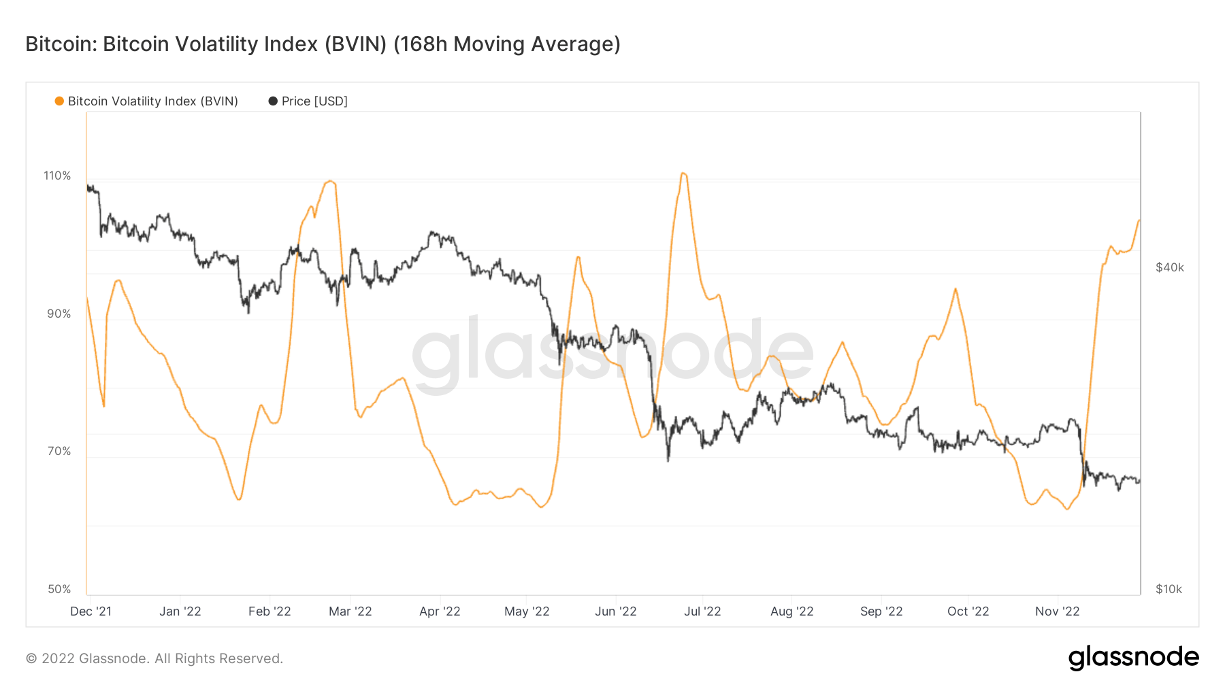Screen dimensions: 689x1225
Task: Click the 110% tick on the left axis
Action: point(57,175)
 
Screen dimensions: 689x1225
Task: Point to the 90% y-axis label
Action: point(59,314)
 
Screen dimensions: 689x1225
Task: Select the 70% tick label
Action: point(59,451)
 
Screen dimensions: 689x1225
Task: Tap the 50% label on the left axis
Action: point(59,589)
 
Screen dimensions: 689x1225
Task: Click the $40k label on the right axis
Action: point(1169,267)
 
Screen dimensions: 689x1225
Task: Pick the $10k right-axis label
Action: point(1169,589)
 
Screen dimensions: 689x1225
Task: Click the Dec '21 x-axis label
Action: point(91,611)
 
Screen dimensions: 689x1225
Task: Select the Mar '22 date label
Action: point(350,611)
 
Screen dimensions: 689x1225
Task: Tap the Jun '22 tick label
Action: point(615,611)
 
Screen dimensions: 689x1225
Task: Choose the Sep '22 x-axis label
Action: point(881,611)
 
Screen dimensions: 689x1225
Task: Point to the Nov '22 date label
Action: point(1057,611)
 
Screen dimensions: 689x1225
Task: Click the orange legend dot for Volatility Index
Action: point(59,101)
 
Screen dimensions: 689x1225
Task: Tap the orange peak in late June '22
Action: point(683,173)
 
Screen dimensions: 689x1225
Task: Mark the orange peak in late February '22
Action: point(330,181)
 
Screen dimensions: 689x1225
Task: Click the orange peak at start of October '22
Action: point(955,289)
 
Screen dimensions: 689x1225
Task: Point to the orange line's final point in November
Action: point(1139,220)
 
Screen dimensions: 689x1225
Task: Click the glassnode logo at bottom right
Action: point(1133,658)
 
